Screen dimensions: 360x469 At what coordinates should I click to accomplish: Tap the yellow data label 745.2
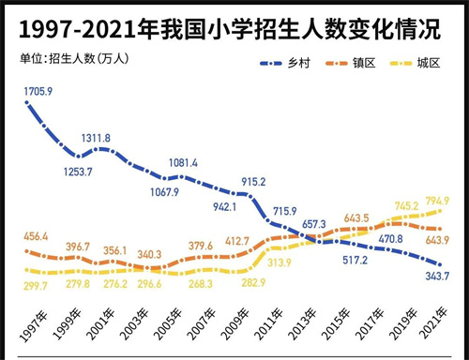[x=406, y=205]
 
